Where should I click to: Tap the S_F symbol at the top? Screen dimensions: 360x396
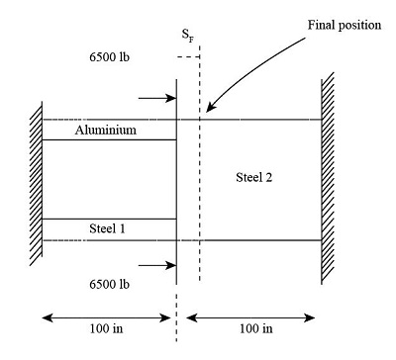pyautogui.click(x=185, y=35)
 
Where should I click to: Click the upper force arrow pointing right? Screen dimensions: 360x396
pyautogui.click(x=157, y=98)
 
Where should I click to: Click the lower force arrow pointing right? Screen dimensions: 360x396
pyautogui.click(x=157, y=265)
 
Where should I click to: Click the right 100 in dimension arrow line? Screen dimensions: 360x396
pyautogui.click(x=252, y=318)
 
